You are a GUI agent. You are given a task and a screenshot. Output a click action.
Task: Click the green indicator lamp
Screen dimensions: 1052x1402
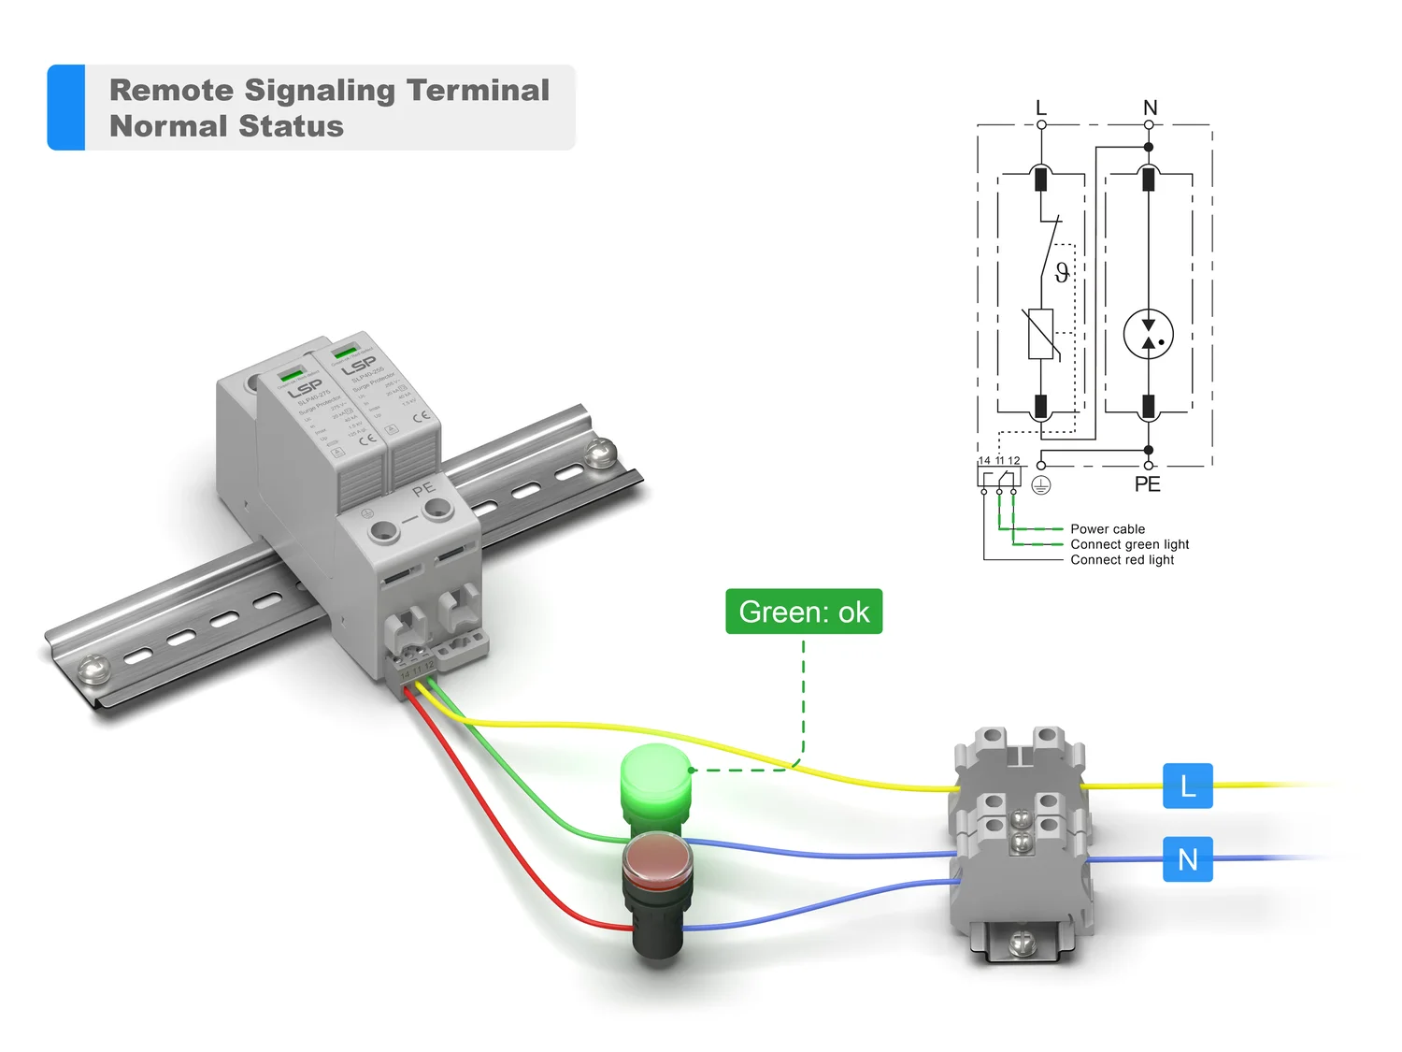point(655,778)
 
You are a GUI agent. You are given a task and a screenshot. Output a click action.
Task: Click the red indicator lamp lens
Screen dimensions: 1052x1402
point(657,857)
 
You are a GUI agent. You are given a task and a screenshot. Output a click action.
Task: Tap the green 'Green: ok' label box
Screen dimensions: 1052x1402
point(804,612)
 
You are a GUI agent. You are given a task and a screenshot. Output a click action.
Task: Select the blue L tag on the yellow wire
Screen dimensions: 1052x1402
point(1187,785)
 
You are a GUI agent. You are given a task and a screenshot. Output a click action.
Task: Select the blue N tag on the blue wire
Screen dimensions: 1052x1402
point(1187,859)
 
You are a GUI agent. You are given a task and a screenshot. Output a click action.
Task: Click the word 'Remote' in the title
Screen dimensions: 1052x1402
point(171,90)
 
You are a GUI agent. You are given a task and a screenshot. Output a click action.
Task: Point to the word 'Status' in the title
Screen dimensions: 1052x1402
point(291,126)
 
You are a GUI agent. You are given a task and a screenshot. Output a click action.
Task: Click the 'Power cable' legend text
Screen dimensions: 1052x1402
point(1108,529)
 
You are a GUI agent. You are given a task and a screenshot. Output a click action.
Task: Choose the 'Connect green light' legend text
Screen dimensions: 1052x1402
point(1129,544)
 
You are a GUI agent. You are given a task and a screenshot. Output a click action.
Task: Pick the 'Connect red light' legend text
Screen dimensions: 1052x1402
point(1122,560)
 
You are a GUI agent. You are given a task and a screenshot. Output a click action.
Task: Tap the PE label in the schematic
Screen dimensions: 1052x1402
point(1147,484)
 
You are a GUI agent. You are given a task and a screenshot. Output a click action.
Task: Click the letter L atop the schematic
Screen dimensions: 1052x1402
point(1041,108)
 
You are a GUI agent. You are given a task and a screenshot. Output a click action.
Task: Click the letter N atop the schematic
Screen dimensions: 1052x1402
point(1150,108)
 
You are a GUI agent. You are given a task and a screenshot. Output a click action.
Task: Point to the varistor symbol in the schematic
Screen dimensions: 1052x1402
point(1041,334)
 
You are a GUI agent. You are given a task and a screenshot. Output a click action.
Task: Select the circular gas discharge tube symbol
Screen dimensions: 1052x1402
point(1149,335)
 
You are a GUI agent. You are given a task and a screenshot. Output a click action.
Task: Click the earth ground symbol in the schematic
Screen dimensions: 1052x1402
point(1041,484)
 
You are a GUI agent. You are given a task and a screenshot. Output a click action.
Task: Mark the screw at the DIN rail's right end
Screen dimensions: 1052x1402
point(599,453)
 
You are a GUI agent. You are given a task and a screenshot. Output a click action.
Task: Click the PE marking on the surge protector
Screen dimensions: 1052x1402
point(423,488)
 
